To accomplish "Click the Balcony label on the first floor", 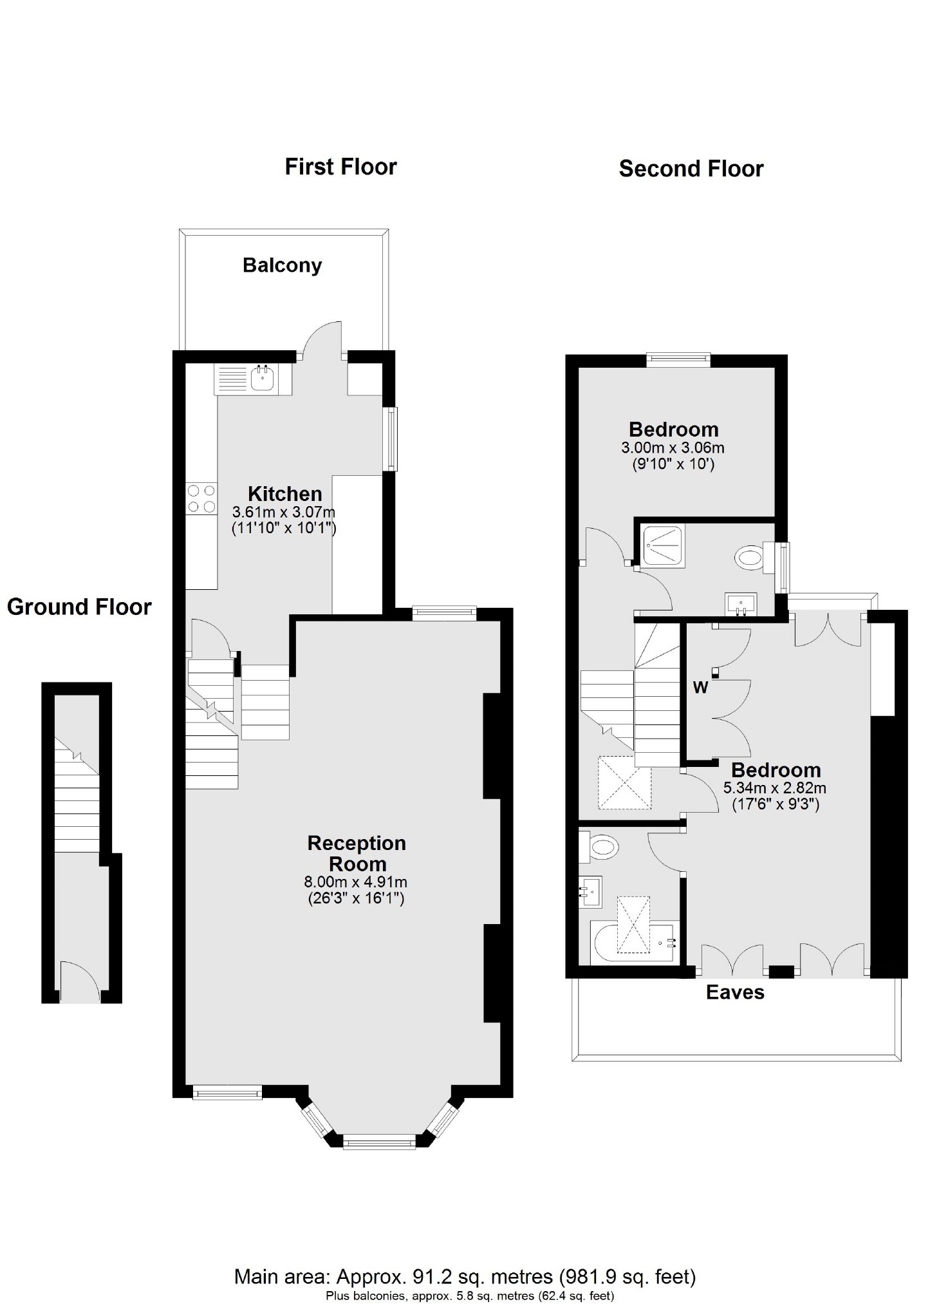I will point(282,265).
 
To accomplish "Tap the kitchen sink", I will point(262,379).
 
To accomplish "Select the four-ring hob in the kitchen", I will point(201,499).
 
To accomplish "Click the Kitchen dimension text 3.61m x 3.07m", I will point(284,513).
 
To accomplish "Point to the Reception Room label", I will point(357,853).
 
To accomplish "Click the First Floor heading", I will point(340,167).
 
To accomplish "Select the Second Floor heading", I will point(691,169).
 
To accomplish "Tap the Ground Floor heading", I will point(79,607).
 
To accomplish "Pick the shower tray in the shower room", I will point(664,546).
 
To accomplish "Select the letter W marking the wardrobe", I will point(700,688).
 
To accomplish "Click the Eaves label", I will point(735,992).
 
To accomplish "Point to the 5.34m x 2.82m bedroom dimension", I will point(775,788).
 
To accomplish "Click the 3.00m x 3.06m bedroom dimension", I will point(673,448).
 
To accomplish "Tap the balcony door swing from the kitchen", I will point(323,338).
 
